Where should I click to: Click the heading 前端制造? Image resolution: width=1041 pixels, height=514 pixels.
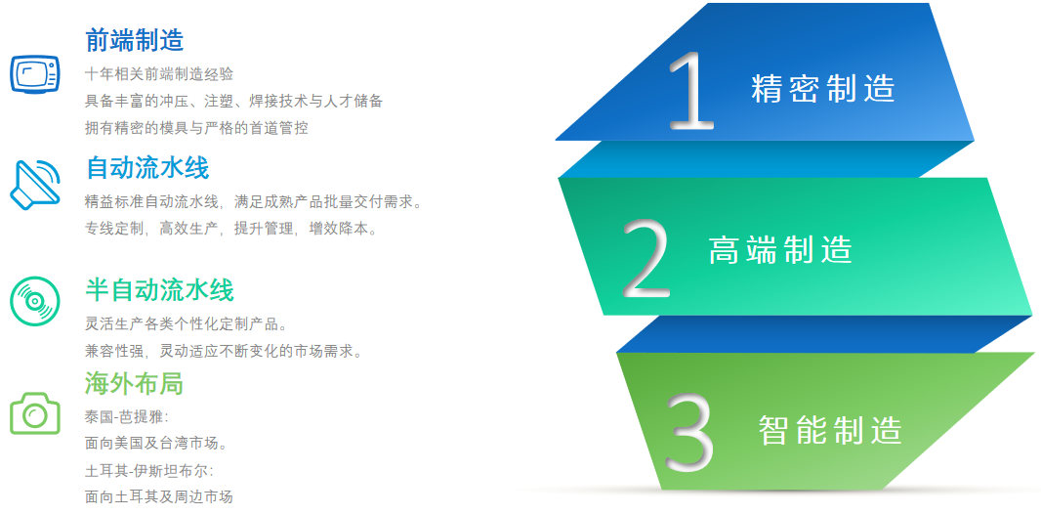coord(135,40)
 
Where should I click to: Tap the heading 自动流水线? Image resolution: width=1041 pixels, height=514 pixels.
coord(147,168)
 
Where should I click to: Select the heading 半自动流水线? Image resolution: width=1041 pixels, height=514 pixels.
coord(159,291)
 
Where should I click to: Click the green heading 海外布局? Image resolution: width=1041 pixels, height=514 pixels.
coord(134,383)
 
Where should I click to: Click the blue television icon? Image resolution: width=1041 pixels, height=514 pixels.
coord(35,73)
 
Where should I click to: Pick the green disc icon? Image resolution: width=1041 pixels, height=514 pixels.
coord(35,302)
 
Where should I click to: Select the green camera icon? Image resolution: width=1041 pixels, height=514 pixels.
coord(35,413)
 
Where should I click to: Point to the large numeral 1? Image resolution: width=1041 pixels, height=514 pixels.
coord(691,90)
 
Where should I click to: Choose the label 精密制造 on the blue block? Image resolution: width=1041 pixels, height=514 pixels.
coord(823,89)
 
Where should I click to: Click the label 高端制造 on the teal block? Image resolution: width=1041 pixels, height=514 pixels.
coord(781,250)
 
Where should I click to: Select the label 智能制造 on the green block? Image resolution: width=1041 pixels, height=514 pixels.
coord(830,430)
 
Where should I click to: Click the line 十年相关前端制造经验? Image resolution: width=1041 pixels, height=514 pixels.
coord(159,73)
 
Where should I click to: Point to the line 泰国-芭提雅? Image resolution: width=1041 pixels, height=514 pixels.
coord(128,417)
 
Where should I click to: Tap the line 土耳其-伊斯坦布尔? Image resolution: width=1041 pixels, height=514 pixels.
coord(149,471)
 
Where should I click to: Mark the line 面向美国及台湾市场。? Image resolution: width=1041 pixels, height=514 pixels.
coord(157,443)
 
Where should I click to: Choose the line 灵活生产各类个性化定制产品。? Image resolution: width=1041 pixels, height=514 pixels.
coord(187,324)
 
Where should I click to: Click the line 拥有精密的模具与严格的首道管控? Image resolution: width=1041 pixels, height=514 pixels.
coord(197,128)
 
